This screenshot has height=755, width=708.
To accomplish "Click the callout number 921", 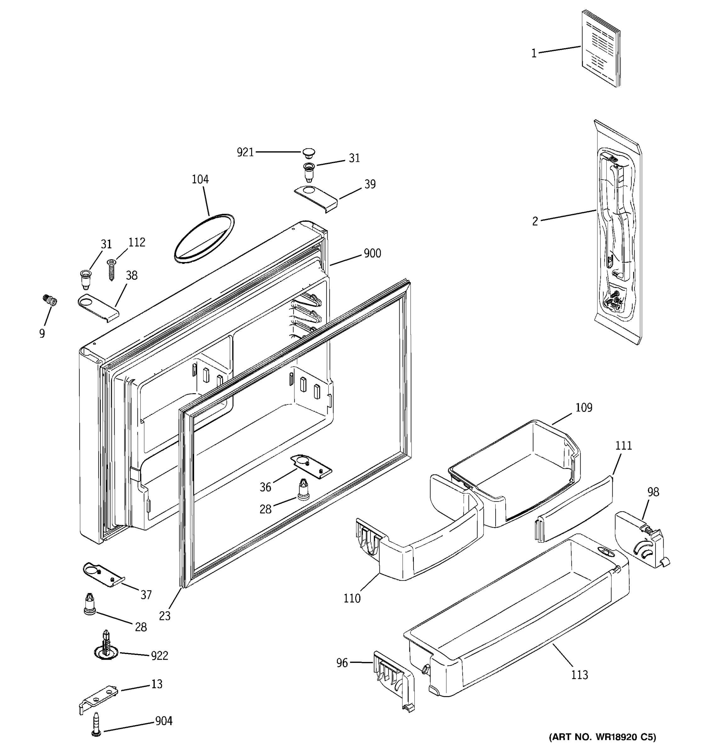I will (x=245, y=152).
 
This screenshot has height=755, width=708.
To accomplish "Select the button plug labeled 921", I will (x=309, y=154).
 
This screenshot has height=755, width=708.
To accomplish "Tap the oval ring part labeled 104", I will (x=204, y=238).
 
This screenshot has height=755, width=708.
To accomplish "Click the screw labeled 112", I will (x=111, y=269).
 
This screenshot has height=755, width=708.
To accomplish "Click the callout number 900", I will (x=372, y=253).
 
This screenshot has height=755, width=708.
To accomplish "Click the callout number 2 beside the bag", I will (x=535, y=221).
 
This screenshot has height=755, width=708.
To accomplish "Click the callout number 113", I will (x=579, y=675).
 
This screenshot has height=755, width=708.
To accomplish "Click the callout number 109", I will (x=583, y=407).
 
